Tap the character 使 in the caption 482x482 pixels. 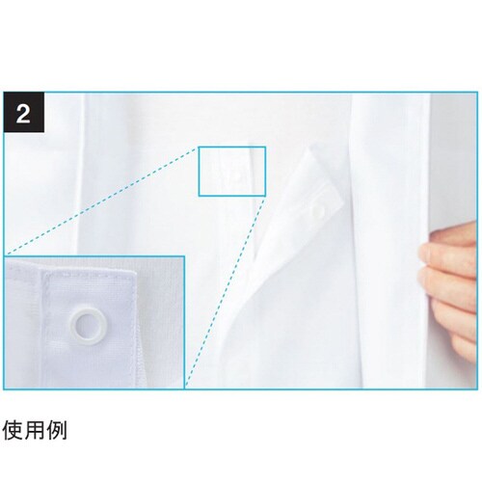[13, 430]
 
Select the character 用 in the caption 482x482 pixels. [35, 430]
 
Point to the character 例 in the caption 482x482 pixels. [57, 430]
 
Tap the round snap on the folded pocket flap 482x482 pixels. [318, 211]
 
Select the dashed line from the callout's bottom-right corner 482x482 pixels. [225, 291]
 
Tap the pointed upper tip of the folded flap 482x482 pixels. [310, 148]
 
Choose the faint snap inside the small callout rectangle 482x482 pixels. [237, 175]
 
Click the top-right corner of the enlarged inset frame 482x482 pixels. [184, 256]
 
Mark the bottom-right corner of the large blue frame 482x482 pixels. [477, 389]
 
